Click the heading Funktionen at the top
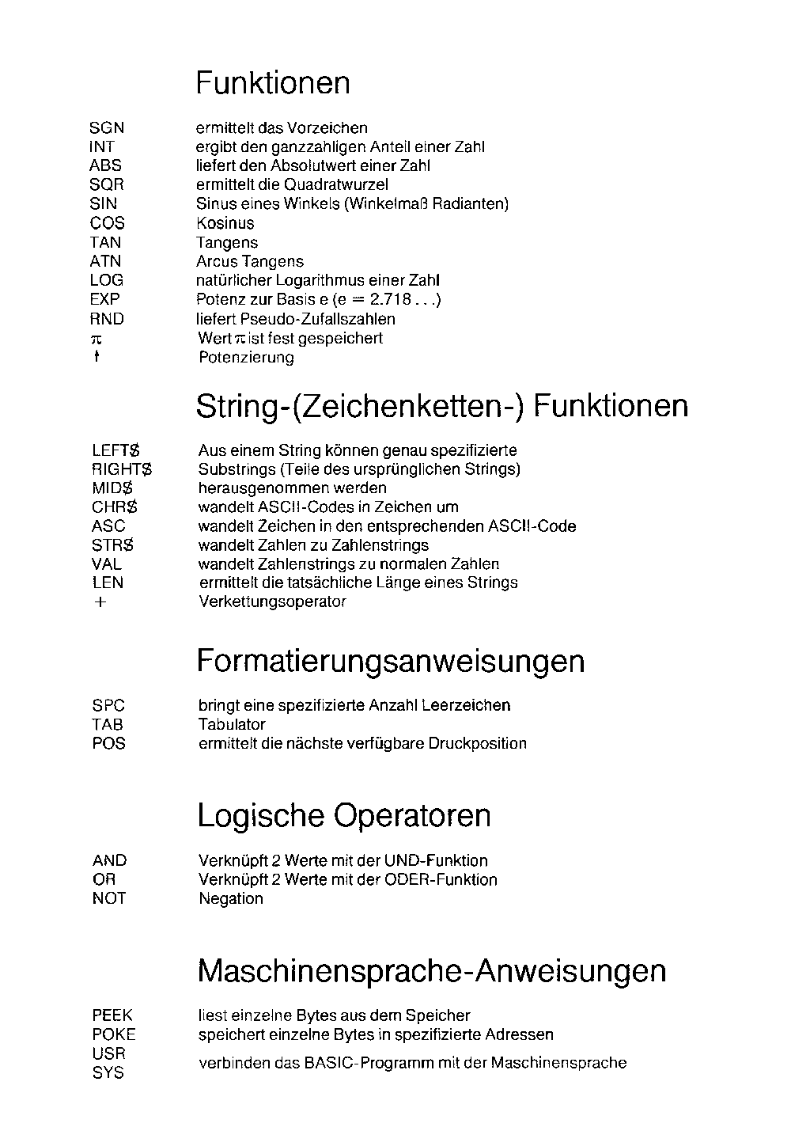pos(272,83)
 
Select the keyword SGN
pos(107,127)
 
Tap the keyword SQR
pos(107,184)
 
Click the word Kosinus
pos(225,223)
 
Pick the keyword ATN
pos(106,261)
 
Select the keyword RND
pos(107,319)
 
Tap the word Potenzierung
pos(246,358)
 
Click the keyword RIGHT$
pos(122,469)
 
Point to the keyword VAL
pos(107,564)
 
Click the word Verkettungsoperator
pos(272,601)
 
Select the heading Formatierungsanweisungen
pos(390,662)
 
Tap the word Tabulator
pos(232,724)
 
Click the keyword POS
pos(109,743)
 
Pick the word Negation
pos(231,898)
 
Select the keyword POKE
pos(114,1034)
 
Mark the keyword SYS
pos(108,1073)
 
